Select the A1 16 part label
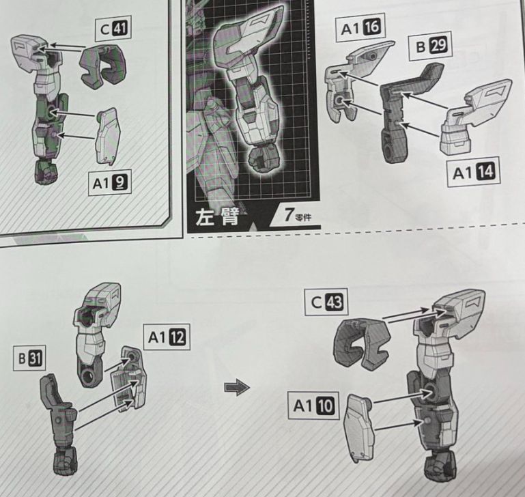pos(360,29)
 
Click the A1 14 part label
pos(473,173)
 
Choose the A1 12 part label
pos(167,336)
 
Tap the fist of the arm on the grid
pos(260,159)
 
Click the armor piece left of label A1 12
pos(131,382)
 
